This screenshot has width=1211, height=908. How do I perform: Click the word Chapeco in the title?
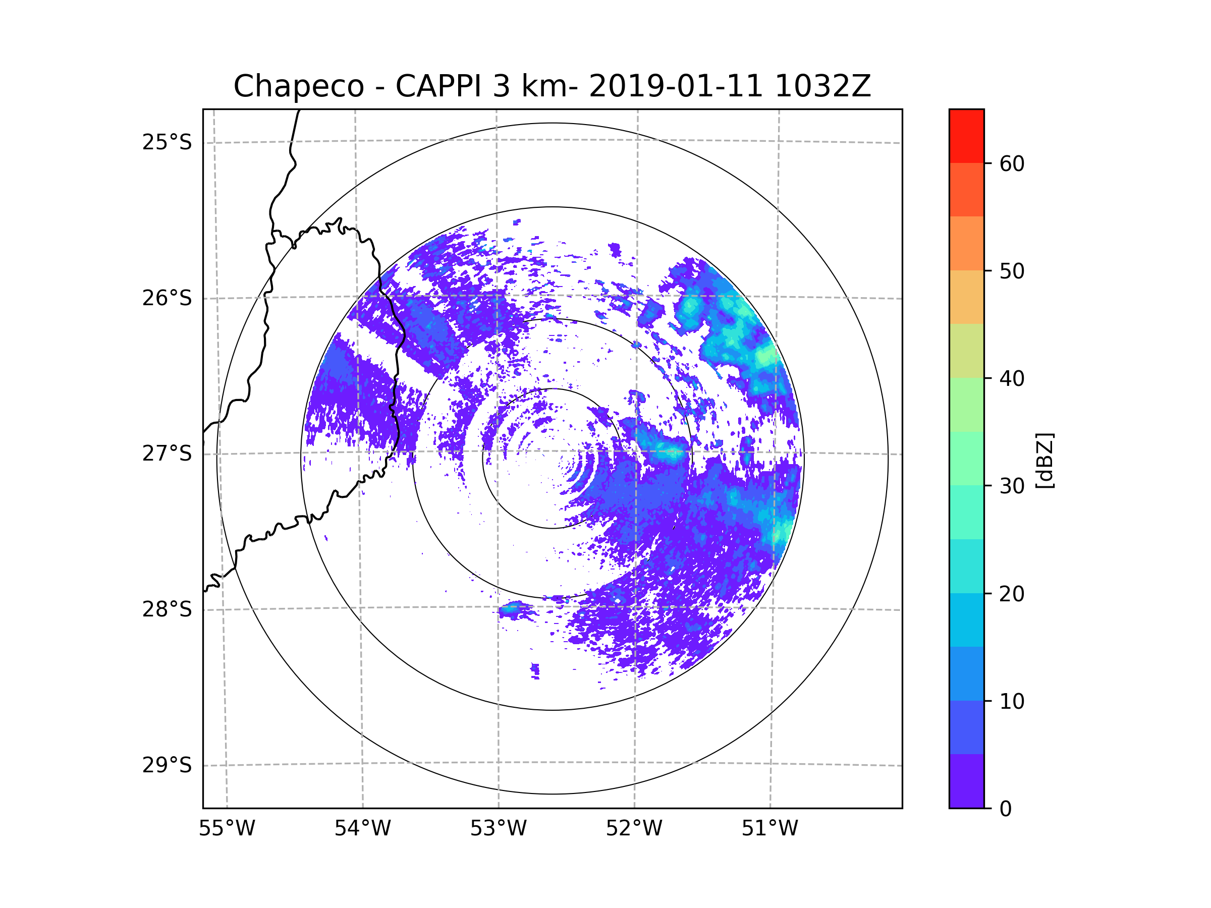click(x=298, y=86)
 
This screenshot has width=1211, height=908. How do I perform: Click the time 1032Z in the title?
click(x=822, y=86)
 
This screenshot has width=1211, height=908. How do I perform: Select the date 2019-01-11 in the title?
click(x=676, y=86)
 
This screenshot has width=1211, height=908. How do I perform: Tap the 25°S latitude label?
click(x=167, y=142)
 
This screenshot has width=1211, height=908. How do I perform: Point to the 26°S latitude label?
click(x=167, y=298)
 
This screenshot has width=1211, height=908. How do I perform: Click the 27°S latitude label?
click(x=167, y=453)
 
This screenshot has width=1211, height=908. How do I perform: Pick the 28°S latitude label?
click(x=167, y=609)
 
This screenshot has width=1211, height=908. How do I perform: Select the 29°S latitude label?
click(x=167, y=765)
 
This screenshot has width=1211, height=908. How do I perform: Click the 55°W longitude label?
click(x=227, y=829)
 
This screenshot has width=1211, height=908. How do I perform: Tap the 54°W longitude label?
click(x=362, y=829)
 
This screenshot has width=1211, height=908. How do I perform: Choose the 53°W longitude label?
click(x=498, y=829)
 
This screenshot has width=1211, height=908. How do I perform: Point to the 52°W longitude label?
click(x=634, y=829)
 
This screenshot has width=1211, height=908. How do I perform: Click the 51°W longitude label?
click(x=769, y=829)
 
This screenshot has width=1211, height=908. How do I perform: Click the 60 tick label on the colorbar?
click(x=1012, y=163)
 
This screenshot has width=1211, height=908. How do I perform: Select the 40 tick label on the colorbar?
click(x=1012, y=379)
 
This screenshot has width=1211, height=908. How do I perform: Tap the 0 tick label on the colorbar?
click(x=1006, y=809)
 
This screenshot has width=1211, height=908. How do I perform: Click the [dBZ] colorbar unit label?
click(x=1044, y=461)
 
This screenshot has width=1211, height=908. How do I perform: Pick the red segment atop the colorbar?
click(x=966, y=136)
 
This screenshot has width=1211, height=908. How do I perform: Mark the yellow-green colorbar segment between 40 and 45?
click(x=966, y=351)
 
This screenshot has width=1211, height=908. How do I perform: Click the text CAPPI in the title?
click(x=438, y=86)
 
